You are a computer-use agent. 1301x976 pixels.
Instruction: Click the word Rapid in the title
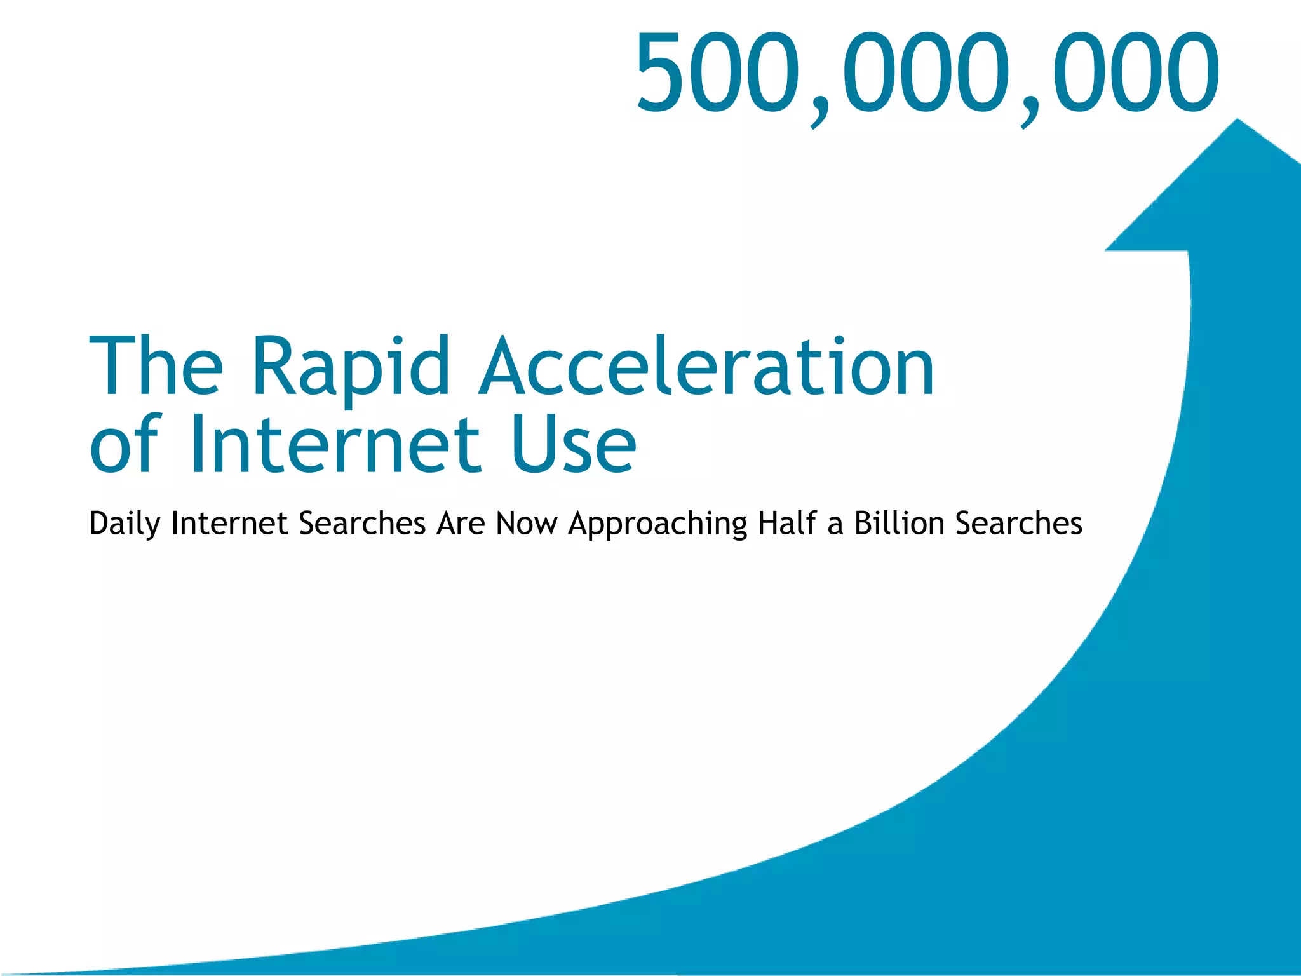coord(351,367)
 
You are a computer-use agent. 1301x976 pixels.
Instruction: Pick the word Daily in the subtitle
coord(124,524)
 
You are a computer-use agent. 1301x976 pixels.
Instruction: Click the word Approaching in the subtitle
coord(657,524)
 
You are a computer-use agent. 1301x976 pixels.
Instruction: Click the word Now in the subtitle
coord(527,523)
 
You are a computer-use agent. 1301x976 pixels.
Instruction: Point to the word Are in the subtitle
coord(461,523)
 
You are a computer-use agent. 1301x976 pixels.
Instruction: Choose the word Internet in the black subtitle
coord(229,523)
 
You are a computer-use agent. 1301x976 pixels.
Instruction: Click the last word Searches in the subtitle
coord(1019,523)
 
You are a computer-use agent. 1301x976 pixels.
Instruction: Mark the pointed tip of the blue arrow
coord(1237,121)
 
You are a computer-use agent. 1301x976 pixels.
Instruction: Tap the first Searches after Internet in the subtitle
coord(362,523)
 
